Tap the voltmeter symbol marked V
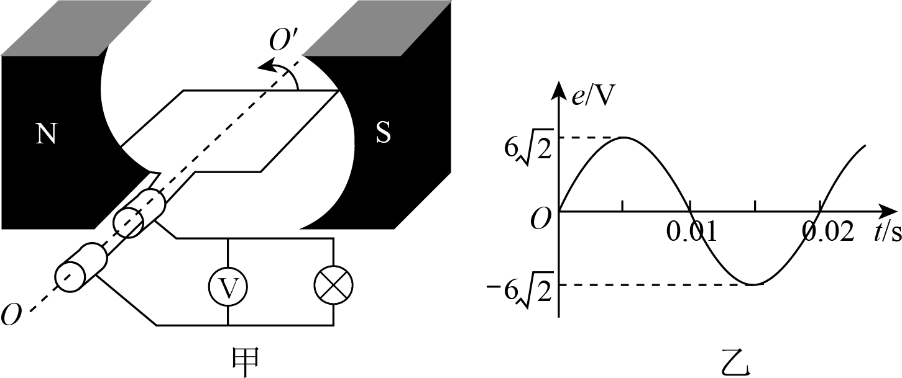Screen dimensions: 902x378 [228, 286]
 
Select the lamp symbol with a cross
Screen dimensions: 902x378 [333, 286]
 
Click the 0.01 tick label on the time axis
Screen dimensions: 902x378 [692, 232]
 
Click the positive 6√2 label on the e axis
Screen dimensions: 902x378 [529, 150]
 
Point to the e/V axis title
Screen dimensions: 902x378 [591, 97]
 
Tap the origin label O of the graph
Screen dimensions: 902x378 [541, 220]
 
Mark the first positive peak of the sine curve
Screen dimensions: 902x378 [623, 138]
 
